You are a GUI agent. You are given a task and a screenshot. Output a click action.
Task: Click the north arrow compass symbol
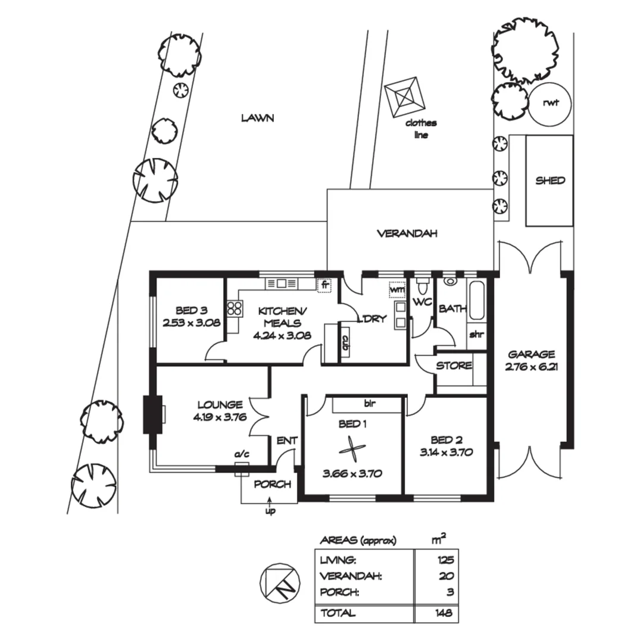(280, 583)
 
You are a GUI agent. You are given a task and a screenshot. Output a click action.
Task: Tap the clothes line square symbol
(405, 98)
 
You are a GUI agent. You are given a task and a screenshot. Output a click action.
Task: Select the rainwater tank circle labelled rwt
(550, 104)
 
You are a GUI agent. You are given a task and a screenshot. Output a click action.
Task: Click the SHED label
(550, 180)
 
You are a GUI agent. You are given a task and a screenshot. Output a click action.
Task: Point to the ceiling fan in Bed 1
(352, 451)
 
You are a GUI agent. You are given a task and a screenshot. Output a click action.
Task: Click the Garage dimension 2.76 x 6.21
(532, 367)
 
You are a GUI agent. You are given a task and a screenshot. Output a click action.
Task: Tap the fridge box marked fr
(324, 285)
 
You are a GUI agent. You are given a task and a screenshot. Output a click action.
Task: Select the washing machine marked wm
(397, 289)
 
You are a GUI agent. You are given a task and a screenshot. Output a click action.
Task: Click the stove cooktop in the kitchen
(234, 308)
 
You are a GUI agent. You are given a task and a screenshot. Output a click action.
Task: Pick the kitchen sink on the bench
(281, 283)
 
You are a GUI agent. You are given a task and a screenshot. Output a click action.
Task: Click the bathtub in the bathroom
(477, 301)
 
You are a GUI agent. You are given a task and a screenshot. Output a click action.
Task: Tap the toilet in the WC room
(421, 284)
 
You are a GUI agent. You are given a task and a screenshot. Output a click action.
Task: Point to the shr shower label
(476, 335)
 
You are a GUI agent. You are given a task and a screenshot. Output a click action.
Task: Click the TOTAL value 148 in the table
(444, 613)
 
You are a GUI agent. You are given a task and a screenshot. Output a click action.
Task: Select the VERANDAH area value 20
(446, 576)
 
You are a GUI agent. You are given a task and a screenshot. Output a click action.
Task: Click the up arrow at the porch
(270, 502)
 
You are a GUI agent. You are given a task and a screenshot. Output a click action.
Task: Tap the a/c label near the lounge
(242, 454)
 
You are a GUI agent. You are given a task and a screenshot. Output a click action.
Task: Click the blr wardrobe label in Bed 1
(370, 404)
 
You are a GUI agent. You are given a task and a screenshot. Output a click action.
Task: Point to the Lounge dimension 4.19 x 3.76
(220, 417)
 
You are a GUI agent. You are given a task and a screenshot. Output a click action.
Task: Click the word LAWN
(257, 118)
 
